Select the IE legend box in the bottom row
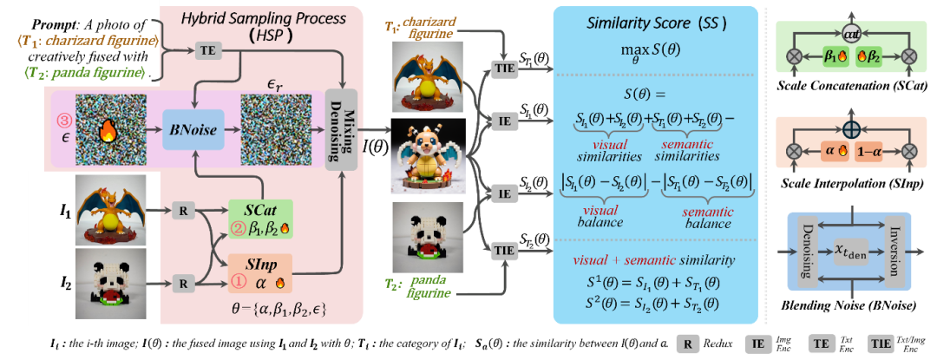click(757, 344)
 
